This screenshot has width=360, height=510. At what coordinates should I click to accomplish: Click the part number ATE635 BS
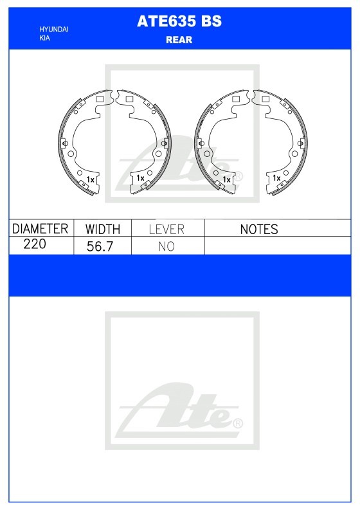[179, 21]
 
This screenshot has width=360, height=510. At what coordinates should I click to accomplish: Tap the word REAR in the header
[179, 40]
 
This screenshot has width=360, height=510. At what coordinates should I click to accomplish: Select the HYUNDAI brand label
[54, 30]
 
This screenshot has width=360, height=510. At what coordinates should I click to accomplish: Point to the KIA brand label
[45, 38]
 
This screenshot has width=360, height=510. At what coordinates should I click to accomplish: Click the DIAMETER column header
[40, 229]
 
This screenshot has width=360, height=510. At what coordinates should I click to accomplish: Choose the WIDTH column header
[103, 230]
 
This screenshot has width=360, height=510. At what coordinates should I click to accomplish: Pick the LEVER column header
[166, 230]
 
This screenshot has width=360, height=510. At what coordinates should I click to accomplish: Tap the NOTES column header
[259, 230]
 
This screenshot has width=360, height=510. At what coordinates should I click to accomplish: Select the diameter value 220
[35, 244]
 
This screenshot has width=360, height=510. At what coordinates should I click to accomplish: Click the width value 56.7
[100, 246]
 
